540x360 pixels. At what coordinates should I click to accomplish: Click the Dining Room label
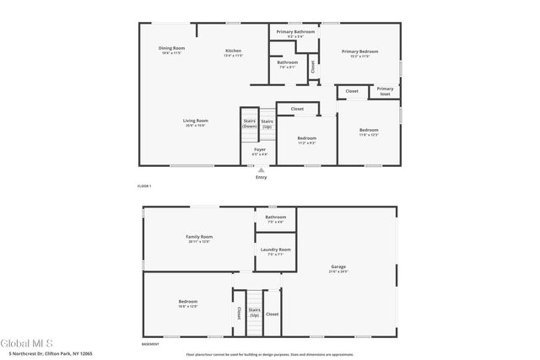coord(171,48)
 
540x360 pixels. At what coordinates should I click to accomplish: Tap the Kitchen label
coord(233,51)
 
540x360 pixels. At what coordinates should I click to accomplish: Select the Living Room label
coord(196,121)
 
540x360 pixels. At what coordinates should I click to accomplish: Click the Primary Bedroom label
coord(359,51)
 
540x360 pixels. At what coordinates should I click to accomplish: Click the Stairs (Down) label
coord(249,123)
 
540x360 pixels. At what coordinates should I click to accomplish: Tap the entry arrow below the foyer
coord(261,169)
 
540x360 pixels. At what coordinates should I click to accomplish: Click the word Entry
coord(261,177)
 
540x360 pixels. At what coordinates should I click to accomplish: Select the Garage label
coord(339,268)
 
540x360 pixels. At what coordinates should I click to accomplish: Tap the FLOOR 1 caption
coord(144,185)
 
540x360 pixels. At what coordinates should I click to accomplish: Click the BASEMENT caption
coord(150,345)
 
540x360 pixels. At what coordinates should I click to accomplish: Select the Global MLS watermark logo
coord(28,343)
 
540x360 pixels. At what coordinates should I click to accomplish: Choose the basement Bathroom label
coord(276,218)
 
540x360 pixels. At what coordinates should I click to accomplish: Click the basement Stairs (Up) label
coord(254,312)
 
